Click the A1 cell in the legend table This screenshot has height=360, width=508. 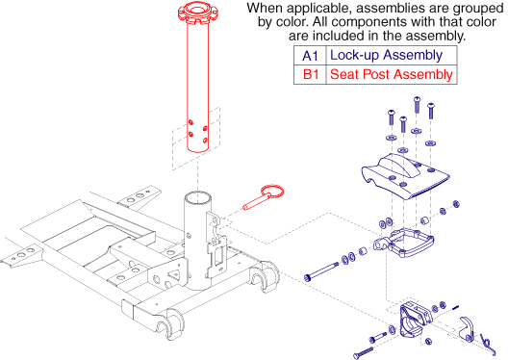point(309,56)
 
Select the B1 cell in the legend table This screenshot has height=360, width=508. point(309,74)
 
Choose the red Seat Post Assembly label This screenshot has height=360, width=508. point(390,74)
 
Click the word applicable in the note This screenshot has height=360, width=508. point(315,9)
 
